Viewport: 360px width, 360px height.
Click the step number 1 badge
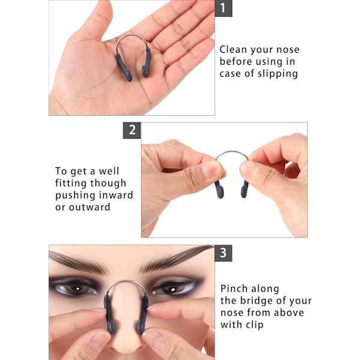(x=223, y=8)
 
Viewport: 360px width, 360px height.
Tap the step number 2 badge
(x=132, y=130)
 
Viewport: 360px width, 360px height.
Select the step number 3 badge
(x=223, y=253)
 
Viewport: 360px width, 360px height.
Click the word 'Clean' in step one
(x=233, y=50)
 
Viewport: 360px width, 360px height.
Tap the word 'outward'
(x=89, y=207)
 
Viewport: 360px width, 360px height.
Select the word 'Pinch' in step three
(x=234, y=289)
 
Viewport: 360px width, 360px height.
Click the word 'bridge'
(x=253, y=301)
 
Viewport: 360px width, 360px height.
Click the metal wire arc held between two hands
(x=232, y=152)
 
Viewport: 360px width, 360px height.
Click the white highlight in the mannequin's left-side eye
(x=77, y=289)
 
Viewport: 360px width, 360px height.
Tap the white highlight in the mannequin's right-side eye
(x=173, y=289)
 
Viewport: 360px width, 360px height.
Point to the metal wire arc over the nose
(x=127, y=281)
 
